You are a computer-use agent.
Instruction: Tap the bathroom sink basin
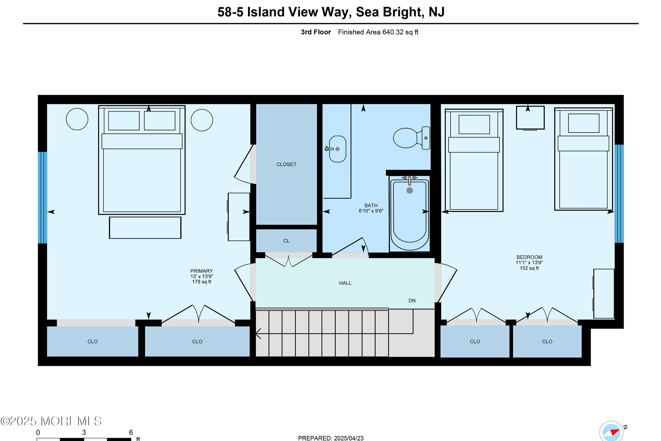337,149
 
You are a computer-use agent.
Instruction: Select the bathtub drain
410,190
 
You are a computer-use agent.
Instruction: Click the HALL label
345,283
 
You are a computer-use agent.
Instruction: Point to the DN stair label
412,301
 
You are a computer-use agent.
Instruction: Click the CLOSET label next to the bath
286,164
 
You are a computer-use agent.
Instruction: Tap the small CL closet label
286,241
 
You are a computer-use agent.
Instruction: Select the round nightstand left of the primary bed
77,119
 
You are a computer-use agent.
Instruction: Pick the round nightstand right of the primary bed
201,120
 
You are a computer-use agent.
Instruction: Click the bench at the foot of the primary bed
145,228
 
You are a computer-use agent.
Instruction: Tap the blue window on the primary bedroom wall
42,197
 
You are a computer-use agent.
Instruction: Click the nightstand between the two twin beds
530,118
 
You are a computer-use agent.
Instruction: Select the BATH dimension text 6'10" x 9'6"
371,211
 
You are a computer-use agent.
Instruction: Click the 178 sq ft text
201,282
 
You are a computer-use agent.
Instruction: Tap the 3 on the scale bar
84,432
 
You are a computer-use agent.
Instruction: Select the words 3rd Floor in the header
316,32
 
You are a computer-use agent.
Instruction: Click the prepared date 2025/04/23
348,438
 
